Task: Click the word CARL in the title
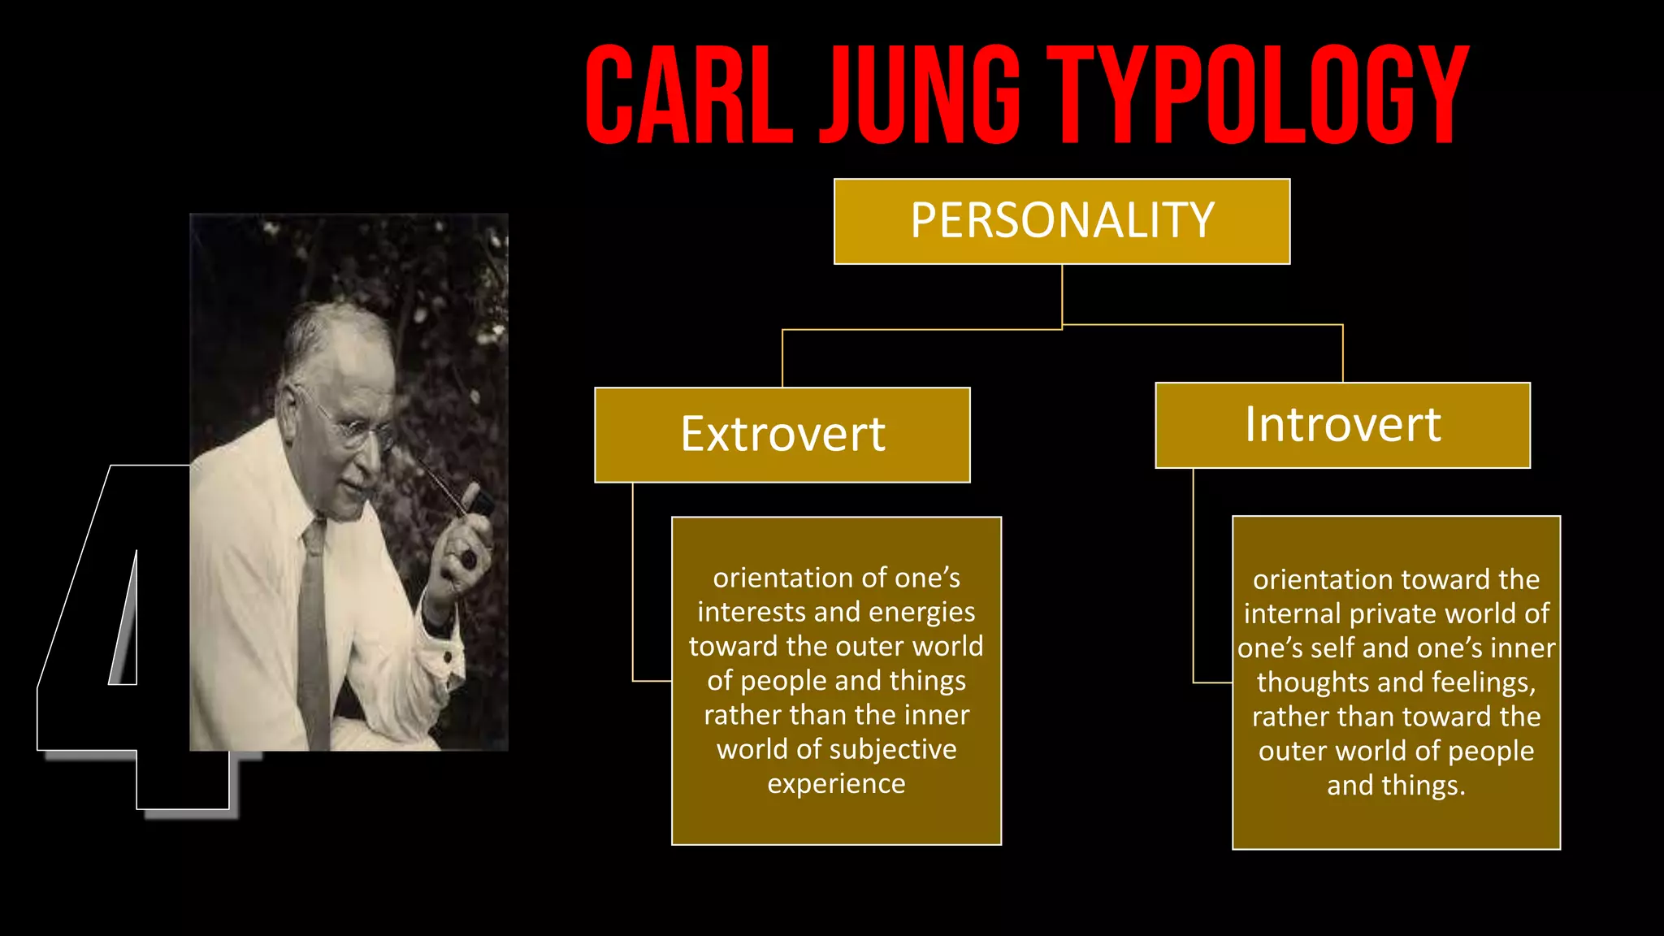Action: [688, 95]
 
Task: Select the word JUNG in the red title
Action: [919, 95]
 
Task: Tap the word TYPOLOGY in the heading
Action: [1257, 95]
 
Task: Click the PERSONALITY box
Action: [1061, 221]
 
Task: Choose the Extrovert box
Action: [782, 435]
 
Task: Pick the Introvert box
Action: [1342, 425]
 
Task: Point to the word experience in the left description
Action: [836, 783]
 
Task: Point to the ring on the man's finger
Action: [470, 559]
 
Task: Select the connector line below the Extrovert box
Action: [633, 585]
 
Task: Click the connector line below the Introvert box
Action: [1194, 577]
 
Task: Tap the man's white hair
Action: [333, 329]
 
